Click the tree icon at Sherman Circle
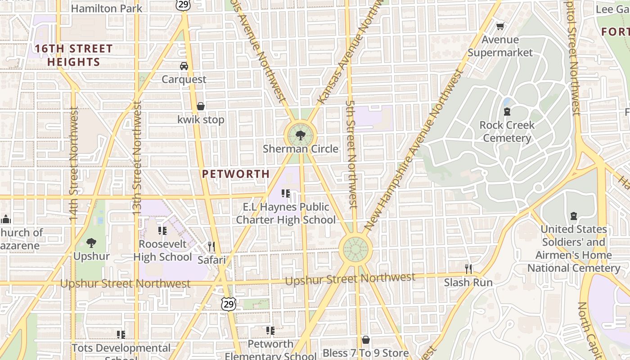[300, 135]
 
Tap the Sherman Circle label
[300, 148]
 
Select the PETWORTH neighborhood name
[236, 174]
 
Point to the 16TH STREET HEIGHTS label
[74, 55]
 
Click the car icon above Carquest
[184, 66]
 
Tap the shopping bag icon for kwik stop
[201, 106]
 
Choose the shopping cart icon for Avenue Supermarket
[500, 27]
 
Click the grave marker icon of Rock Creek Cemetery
[507, 112]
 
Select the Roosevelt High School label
[162, 250]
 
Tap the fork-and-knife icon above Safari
[211, 246]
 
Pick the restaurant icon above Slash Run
[468, 269]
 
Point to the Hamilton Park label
[107, 8]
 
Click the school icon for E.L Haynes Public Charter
[286, 193]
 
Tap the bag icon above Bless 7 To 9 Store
[366, 340]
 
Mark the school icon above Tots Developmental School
[121, 334]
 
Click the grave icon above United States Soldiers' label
[574, 216]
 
